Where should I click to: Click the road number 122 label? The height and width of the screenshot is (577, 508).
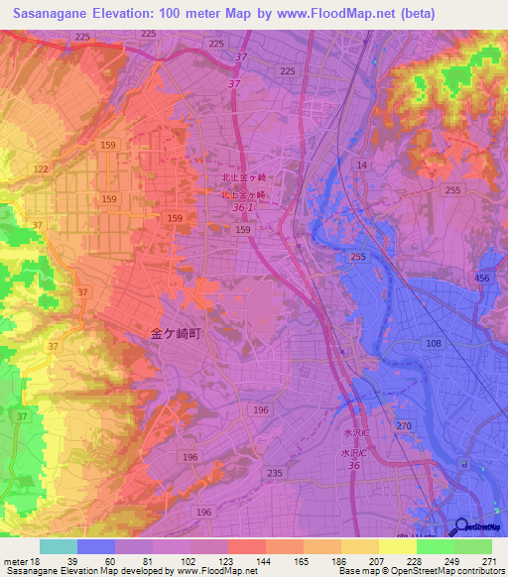point(41,170)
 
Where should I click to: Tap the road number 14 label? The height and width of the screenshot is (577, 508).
point(361,165)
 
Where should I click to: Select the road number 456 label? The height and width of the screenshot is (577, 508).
point(483,280)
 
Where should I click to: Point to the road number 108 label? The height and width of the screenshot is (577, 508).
point(433,343)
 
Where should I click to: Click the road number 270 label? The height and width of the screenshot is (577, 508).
point(404,425)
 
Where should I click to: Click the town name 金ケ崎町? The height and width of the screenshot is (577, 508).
point(175,335)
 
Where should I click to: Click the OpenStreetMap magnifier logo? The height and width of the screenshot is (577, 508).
point(461,528)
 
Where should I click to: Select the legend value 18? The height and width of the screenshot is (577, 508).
point(41,560)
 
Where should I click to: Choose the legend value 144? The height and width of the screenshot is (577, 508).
point(265,560)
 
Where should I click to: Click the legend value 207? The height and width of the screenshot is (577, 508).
point(378,560)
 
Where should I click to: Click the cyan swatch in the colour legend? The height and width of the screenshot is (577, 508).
point(59,546)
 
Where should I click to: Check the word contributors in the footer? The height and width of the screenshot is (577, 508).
point(477,571)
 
